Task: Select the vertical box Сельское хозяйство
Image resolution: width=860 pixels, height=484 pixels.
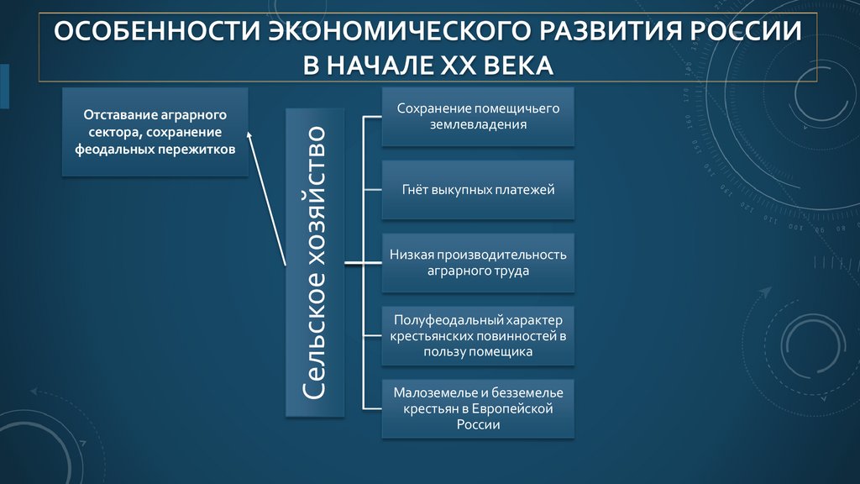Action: [x=315, y=262]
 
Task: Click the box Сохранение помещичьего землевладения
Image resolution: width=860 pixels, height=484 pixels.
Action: [x=478, y=117]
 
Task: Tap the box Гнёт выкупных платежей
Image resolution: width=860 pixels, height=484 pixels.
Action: [x=478, y=190]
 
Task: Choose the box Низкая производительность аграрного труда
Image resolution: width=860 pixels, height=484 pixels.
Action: [x=478, y=263]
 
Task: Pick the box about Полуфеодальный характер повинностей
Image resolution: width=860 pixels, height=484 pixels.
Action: [x=478, y=336]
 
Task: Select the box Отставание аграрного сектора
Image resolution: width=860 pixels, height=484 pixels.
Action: [x=155, y=132]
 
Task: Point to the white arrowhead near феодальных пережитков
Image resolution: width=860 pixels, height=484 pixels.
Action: [x=249, y=134]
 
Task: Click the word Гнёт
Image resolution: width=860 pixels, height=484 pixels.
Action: [x=417, y=190]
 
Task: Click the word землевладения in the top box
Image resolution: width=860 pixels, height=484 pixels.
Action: [x=478, y=124]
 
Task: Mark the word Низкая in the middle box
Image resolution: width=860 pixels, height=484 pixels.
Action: [x=409, y=255]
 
